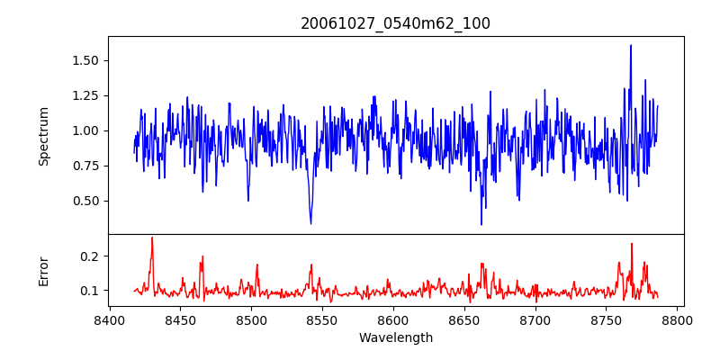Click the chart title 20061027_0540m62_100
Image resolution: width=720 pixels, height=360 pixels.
395,23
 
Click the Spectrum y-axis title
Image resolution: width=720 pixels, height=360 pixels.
43,136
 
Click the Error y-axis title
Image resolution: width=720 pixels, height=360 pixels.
43,270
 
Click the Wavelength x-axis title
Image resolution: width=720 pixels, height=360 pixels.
395,338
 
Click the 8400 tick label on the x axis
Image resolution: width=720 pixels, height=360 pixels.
109,319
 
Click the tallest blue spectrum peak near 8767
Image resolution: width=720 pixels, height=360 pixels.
631,46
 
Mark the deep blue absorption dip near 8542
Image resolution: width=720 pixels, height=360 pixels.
310,223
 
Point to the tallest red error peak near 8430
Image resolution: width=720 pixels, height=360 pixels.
152,238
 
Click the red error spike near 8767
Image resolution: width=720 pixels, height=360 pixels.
632,244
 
